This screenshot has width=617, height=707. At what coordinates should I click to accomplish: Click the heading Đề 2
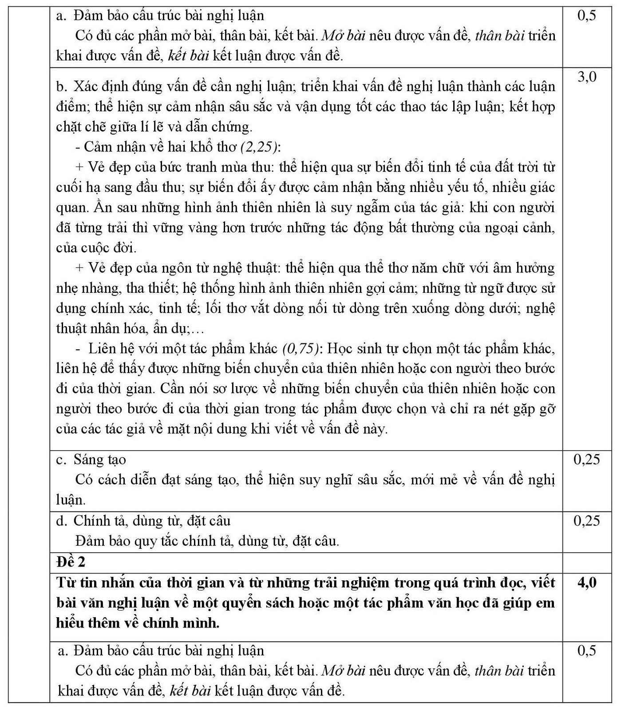(71, 562)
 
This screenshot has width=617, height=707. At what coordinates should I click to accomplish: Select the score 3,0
(587, 77)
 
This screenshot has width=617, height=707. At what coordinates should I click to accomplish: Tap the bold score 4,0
(587, 583)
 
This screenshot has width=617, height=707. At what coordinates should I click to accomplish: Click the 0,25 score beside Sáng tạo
(587, 459)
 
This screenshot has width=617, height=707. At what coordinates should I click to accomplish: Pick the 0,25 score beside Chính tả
(587, 521)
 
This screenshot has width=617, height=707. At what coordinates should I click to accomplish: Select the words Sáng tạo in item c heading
(100, 459)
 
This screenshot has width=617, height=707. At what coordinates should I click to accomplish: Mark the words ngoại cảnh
(523, 228)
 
